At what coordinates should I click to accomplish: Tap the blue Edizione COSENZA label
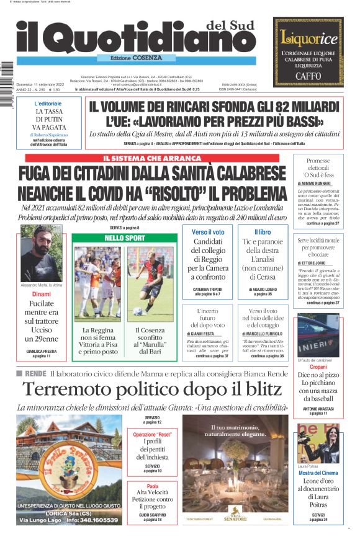[128, 58]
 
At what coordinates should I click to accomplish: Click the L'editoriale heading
[48, 104]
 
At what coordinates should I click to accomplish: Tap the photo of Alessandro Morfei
[41, 255]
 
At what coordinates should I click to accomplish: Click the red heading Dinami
[42, 294]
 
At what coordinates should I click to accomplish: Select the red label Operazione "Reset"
[153, 435]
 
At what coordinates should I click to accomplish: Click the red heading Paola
[153, 487]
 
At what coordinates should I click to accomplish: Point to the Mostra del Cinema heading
[318, 473]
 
